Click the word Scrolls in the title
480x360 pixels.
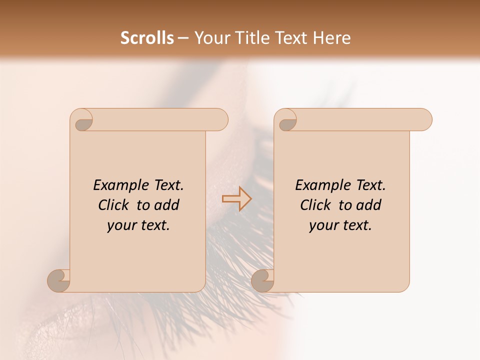(x=147, y=38)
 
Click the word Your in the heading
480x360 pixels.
(x=210, y=38)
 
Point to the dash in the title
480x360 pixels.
(x=183, y=38)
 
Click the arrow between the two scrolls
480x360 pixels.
(x=236, y=199)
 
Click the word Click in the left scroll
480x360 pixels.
(x=112, y=205)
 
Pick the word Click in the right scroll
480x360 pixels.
(x=314, y=205)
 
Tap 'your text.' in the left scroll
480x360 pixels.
(x=138, y=225)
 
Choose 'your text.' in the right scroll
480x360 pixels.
(x=340, y=225)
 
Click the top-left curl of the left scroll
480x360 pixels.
(x=82, y=120)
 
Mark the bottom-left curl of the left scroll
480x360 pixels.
(x=59, y=280)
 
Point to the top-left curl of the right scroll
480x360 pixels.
(x=286, y=120)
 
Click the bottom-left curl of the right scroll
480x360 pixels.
(x=263, y=280)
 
